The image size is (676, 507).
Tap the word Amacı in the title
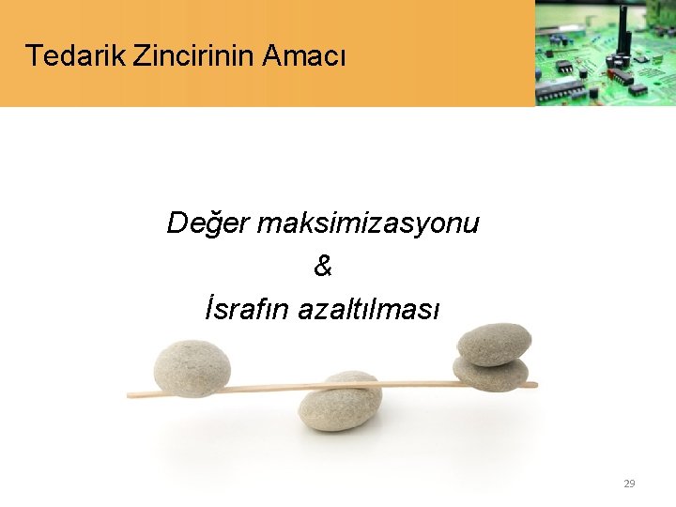[x=305, y=56]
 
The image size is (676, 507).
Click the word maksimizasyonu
[x=368, y=224]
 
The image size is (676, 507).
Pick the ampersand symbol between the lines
[x=323, y=268]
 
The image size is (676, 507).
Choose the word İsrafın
[x=247, y=309]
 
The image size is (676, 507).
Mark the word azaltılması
[x=368, y=309]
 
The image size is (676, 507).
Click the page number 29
[x=629, y=484]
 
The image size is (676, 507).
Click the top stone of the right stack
[x=494, y=344]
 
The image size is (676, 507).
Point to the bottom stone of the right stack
[x=490, y=374]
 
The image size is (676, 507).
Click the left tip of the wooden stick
[x=130, y=395]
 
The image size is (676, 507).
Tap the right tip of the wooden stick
[x=535, y=384]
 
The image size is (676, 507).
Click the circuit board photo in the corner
[x=605, y=53]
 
